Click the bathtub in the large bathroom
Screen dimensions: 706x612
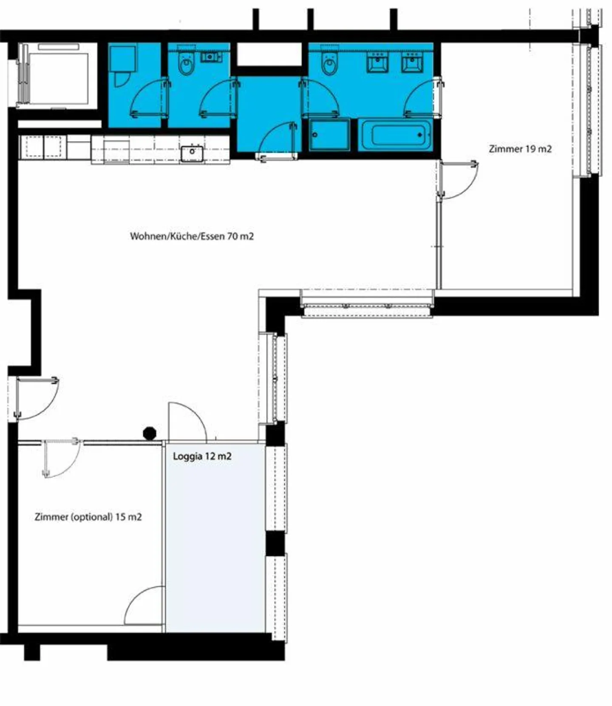395,135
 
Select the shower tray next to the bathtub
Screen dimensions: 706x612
329,135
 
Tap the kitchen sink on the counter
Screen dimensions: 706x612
192,153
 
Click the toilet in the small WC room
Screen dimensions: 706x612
186,64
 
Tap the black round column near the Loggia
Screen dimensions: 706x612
150,433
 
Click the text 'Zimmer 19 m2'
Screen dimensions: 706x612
520,149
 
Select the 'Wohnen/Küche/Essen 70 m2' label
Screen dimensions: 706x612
192,236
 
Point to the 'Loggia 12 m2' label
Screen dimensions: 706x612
202,456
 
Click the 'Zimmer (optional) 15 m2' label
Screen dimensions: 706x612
88,517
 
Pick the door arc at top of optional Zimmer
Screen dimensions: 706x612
62,459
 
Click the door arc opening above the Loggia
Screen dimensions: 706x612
187,421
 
